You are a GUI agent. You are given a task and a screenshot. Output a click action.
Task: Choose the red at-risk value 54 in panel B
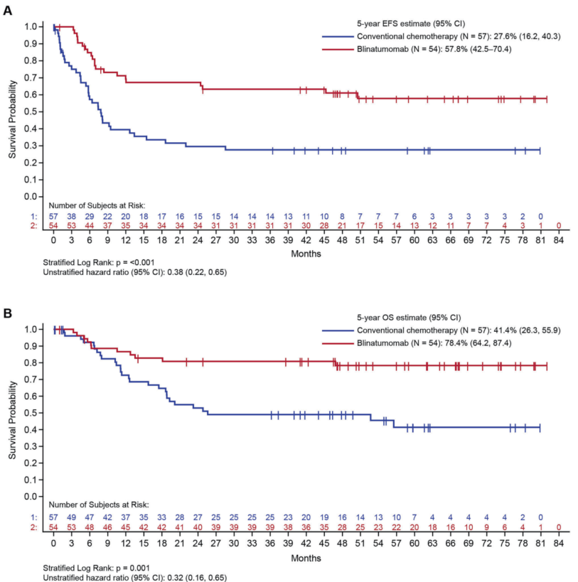coord(53,529)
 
